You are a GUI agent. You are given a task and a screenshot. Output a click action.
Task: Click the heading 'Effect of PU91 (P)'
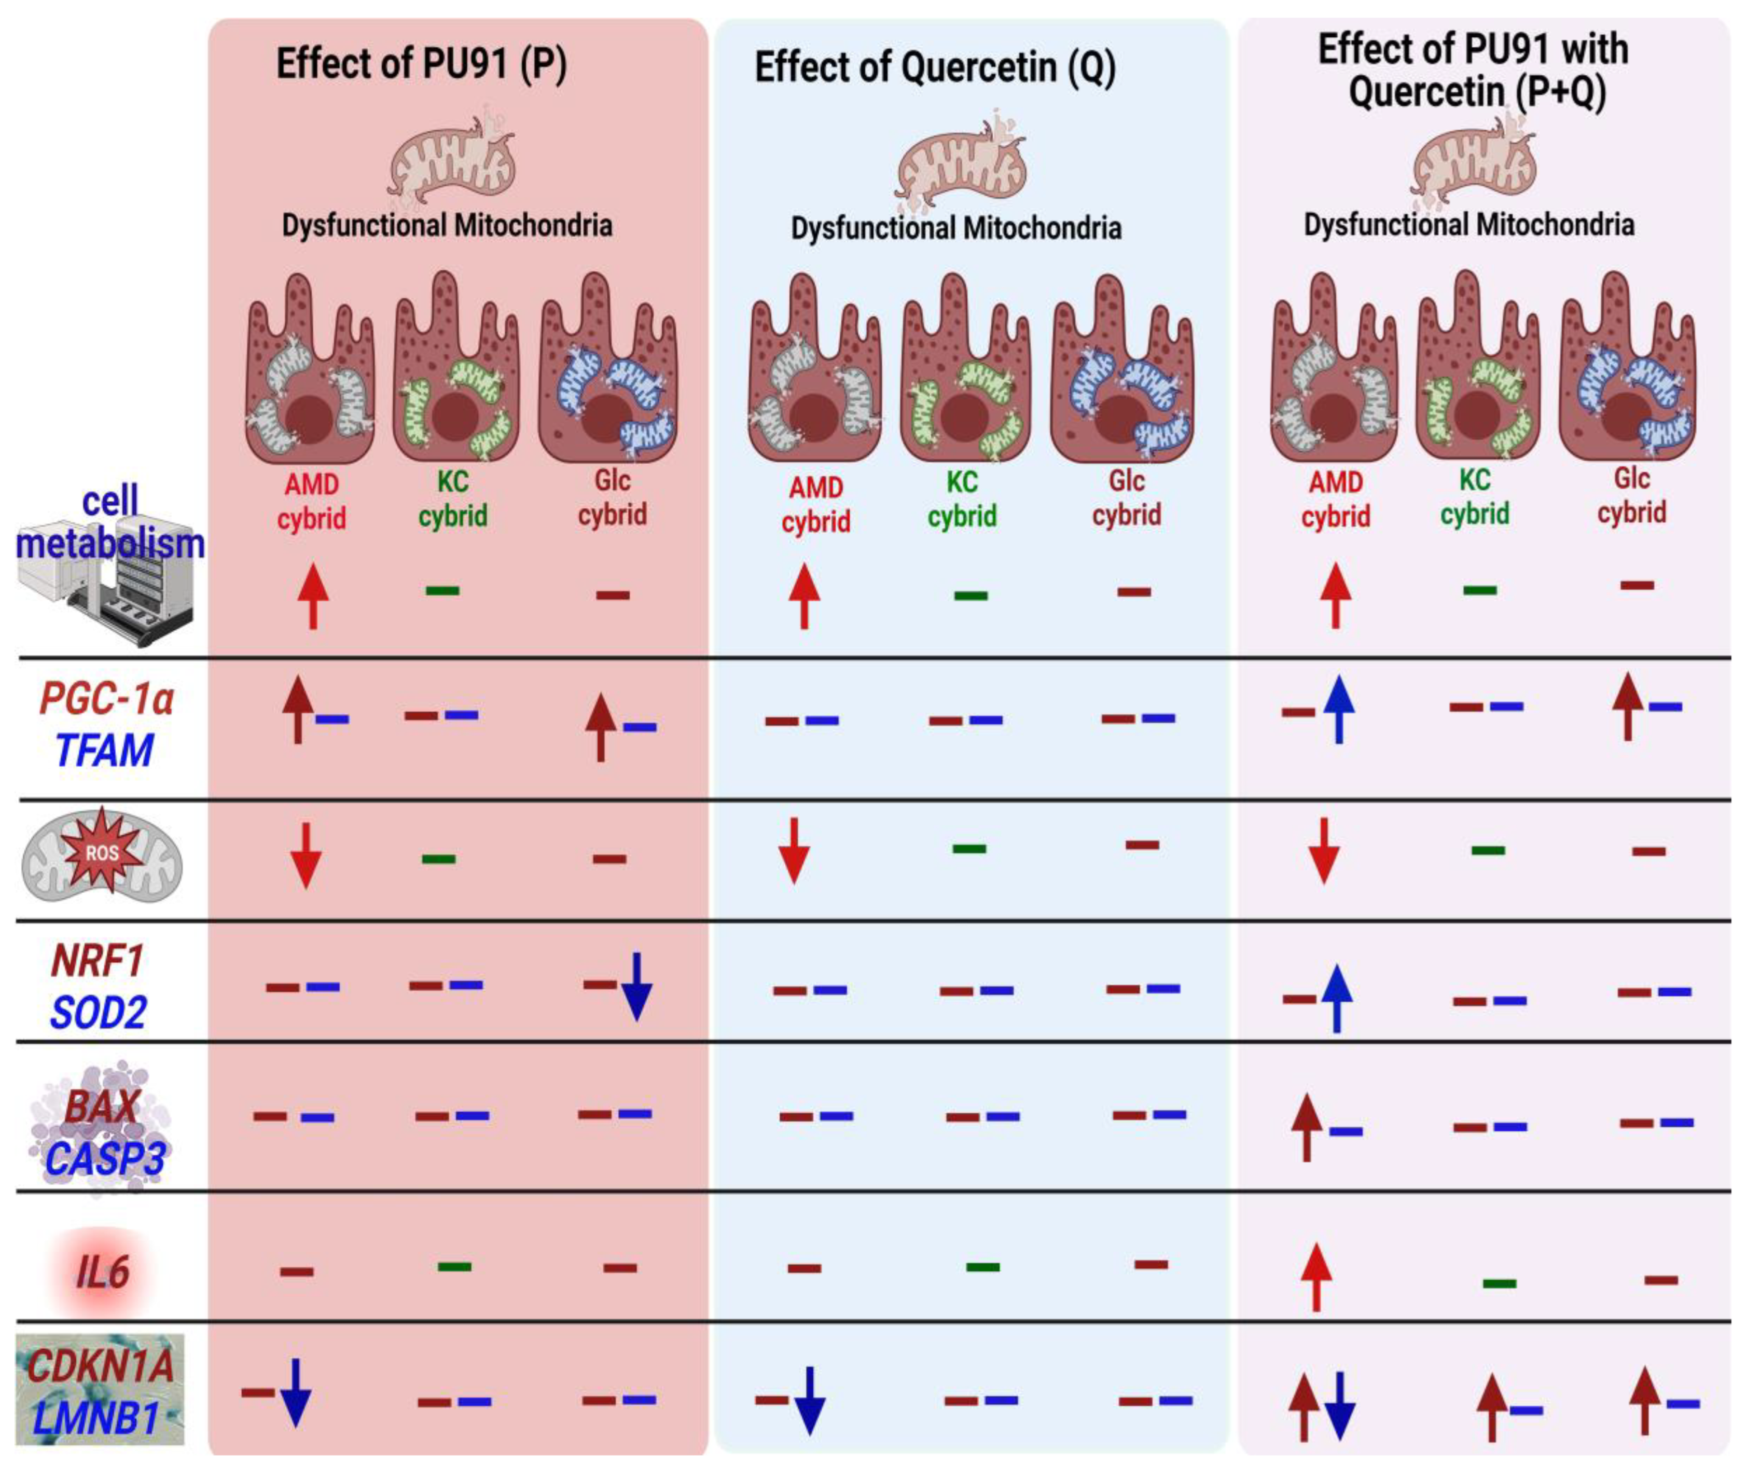421,65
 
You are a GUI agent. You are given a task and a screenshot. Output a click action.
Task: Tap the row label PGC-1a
106,699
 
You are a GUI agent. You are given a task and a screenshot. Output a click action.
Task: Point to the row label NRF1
98,961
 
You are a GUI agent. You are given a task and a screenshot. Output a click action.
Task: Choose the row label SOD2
98,1013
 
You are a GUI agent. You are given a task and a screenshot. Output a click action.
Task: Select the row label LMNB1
95,1419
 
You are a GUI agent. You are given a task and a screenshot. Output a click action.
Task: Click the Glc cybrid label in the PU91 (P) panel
612,497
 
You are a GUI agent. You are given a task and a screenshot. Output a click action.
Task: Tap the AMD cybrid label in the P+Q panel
1335,499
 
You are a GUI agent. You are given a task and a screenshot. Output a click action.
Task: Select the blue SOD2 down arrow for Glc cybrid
636,987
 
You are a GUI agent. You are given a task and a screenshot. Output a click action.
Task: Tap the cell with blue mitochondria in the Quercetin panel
1123,370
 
